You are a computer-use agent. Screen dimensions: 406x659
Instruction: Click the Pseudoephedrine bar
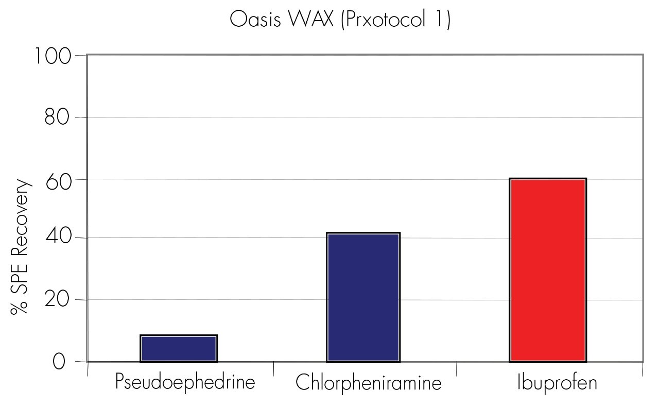point(179,348)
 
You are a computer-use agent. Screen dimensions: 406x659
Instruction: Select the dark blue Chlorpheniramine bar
point(363,297)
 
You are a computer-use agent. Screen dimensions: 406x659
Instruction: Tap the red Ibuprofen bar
point(548,270)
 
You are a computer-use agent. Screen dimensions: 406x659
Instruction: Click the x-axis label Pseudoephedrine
point(185,383)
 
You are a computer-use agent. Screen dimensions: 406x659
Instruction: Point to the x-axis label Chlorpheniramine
point(369,384)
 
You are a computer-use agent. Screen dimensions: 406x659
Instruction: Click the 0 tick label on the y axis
point(59,362)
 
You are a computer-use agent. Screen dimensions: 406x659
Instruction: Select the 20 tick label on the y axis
point(57,300)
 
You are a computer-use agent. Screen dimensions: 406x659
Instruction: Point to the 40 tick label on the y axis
point(57,238)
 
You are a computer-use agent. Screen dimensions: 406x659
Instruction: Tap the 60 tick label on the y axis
point(57,179)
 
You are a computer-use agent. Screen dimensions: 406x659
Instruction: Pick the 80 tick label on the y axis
point(57,117)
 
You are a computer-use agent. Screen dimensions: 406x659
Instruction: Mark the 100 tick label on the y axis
point(54,56)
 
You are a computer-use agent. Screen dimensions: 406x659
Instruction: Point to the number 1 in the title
point(443,20)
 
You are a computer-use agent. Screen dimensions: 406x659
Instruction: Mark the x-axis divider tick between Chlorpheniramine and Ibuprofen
point(457,368)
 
